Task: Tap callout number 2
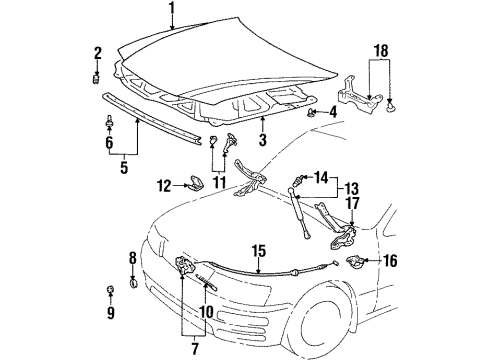click(97, 53)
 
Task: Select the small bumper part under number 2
click(97, 80)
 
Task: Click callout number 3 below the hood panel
click(263, 140)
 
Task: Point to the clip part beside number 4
click(311, 113)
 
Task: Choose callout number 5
click(124, 168)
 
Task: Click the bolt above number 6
click(109, 122)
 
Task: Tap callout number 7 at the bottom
click(195, 348)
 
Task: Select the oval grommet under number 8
click(133, 284)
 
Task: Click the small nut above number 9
click(110, 290)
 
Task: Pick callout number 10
click(207, 312)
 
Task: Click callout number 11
click(219, 183)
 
